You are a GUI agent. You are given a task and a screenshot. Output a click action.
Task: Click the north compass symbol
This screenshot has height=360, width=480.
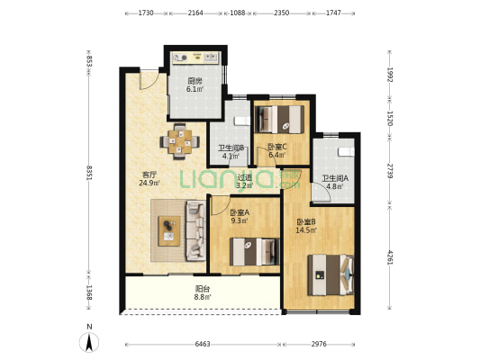click(89, 342)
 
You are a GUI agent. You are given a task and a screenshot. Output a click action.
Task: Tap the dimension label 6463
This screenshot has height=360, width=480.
click(203, 344)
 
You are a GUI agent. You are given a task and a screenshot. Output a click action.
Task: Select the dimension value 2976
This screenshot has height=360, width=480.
click(319, 344)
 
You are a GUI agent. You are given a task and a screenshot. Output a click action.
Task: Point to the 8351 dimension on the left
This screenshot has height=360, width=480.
click(89, 173)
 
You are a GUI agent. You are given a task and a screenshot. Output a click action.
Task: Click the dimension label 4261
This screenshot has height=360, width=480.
click(390, 257)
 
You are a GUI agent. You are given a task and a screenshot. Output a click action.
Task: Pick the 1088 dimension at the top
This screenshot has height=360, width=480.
click(238, 13)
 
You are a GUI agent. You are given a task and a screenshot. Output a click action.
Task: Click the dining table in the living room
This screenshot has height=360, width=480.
click(180, 141)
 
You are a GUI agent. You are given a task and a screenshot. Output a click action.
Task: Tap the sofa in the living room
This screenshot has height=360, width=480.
click(195, 230)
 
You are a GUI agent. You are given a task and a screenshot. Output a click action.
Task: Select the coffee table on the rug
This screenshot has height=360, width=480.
click(169, 231)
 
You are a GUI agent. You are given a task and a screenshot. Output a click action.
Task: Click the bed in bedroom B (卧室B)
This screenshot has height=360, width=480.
click(331, 275)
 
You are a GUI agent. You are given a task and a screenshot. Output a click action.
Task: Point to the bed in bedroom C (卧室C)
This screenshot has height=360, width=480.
click(279, 120)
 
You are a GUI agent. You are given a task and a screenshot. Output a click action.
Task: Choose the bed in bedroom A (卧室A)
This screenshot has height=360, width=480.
click(255, 252)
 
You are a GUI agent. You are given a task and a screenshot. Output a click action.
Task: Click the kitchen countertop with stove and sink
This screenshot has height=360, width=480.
click(196, 58)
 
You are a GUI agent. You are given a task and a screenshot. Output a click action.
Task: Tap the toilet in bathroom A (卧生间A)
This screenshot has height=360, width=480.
click(346, 152)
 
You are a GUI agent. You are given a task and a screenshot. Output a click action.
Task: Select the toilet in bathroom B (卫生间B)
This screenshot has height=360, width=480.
click(242, 121)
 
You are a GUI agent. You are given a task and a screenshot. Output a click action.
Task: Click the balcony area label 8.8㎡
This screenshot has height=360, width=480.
click(203, 297)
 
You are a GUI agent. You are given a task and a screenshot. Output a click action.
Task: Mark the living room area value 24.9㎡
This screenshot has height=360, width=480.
click(149, 183)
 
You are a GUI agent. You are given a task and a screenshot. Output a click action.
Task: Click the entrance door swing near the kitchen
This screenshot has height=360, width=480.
click(149, 80)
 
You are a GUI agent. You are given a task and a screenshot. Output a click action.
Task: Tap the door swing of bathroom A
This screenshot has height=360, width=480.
click(322, 192)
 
